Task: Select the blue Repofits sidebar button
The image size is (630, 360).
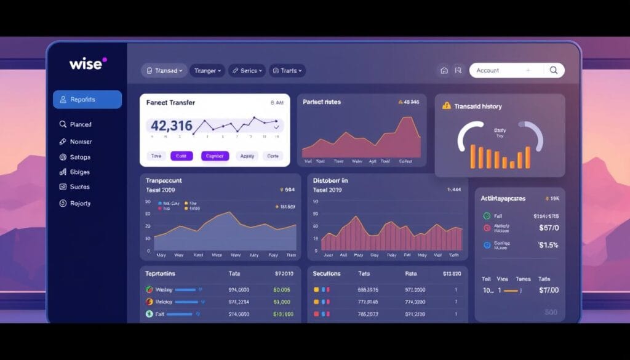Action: [x=87, y=100]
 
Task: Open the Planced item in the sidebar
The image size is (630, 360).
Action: [x=80, y=124]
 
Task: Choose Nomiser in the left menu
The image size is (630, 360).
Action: [x=80, y=142]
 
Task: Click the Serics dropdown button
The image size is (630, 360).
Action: [x=247, y=71]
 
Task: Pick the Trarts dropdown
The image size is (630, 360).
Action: [x=287, y=71]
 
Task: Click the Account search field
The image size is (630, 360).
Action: [x=501, y=70]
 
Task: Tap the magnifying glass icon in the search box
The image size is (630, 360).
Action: [x=554, y=70]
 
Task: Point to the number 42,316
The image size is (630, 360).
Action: [x=172, y=126]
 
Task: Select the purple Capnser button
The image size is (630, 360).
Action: [x=215, y=156]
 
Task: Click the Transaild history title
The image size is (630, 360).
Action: [x=478, y=106]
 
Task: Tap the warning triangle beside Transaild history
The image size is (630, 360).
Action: [x=447, y=106]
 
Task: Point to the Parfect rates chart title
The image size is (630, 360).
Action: [x=322, y=102]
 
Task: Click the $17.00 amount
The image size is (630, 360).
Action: [x=548, y=290]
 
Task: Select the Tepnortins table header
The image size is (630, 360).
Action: [x=161, y=273]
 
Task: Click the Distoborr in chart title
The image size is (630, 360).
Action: [x=330, y=181]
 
